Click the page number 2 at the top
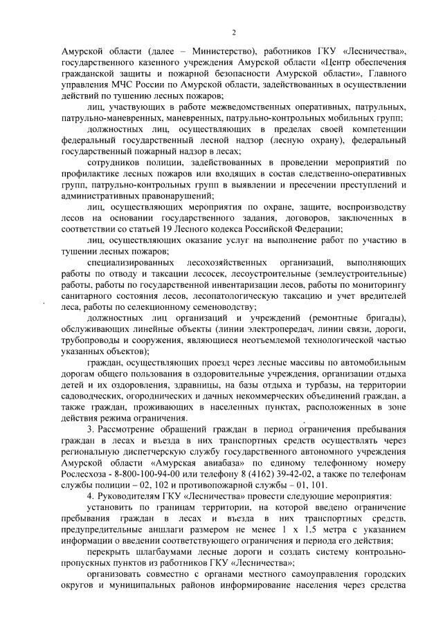(x=233, y=32)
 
